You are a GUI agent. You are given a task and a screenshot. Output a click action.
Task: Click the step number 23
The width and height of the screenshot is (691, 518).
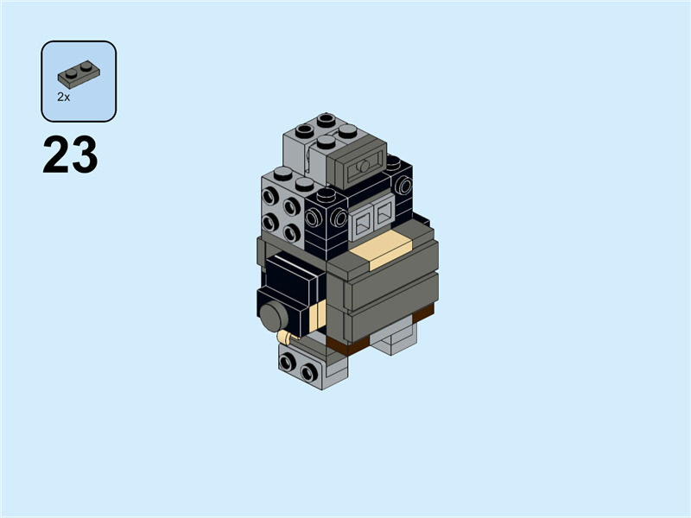click(x=70, y=156)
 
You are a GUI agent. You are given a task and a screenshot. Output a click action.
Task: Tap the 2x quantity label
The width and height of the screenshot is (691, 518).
click(x=63, y=98)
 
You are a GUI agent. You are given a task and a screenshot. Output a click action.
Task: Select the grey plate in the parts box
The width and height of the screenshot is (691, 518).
click(x=79, y=73)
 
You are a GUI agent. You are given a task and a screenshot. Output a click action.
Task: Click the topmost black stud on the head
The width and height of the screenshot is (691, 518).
click(x=326, y=118)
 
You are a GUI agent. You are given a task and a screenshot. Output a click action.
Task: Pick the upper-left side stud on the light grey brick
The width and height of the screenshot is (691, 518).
click(x=270, y=196)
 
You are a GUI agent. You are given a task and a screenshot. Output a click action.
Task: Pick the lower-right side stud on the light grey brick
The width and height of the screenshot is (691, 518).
click(x=291, y=232)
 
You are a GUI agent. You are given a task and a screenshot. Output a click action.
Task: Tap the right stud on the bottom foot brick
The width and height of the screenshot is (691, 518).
click(x=307, y=372)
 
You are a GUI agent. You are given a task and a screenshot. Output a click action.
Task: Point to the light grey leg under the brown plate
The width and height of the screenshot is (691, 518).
click(x=393, y=341)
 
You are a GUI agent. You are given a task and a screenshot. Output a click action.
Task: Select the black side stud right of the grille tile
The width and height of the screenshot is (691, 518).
click(x=403, y=186)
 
